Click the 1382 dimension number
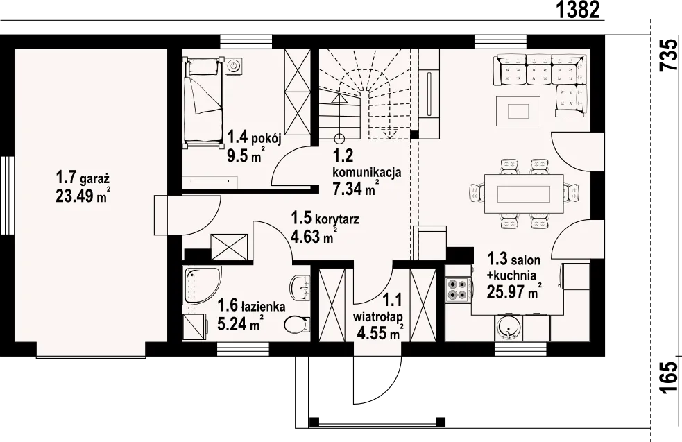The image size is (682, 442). click(579, 10)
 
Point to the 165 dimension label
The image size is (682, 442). click(669, 377)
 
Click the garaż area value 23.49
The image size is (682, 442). click(75, 196)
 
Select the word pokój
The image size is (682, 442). click(266, 139)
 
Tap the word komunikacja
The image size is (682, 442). click(366, 172)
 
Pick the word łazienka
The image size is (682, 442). click(264, 306)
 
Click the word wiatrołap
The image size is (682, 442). click(377, 316)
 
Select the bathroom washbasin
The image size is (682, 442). click(300, 288)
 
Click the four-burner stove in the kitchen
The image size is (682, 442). click(459, 290)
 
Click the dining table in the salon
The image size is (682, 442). click(524, 194)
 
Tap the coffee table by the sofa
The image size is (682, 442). click(518, 111)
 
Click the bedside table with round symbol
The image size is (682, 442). click(234, 66)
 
